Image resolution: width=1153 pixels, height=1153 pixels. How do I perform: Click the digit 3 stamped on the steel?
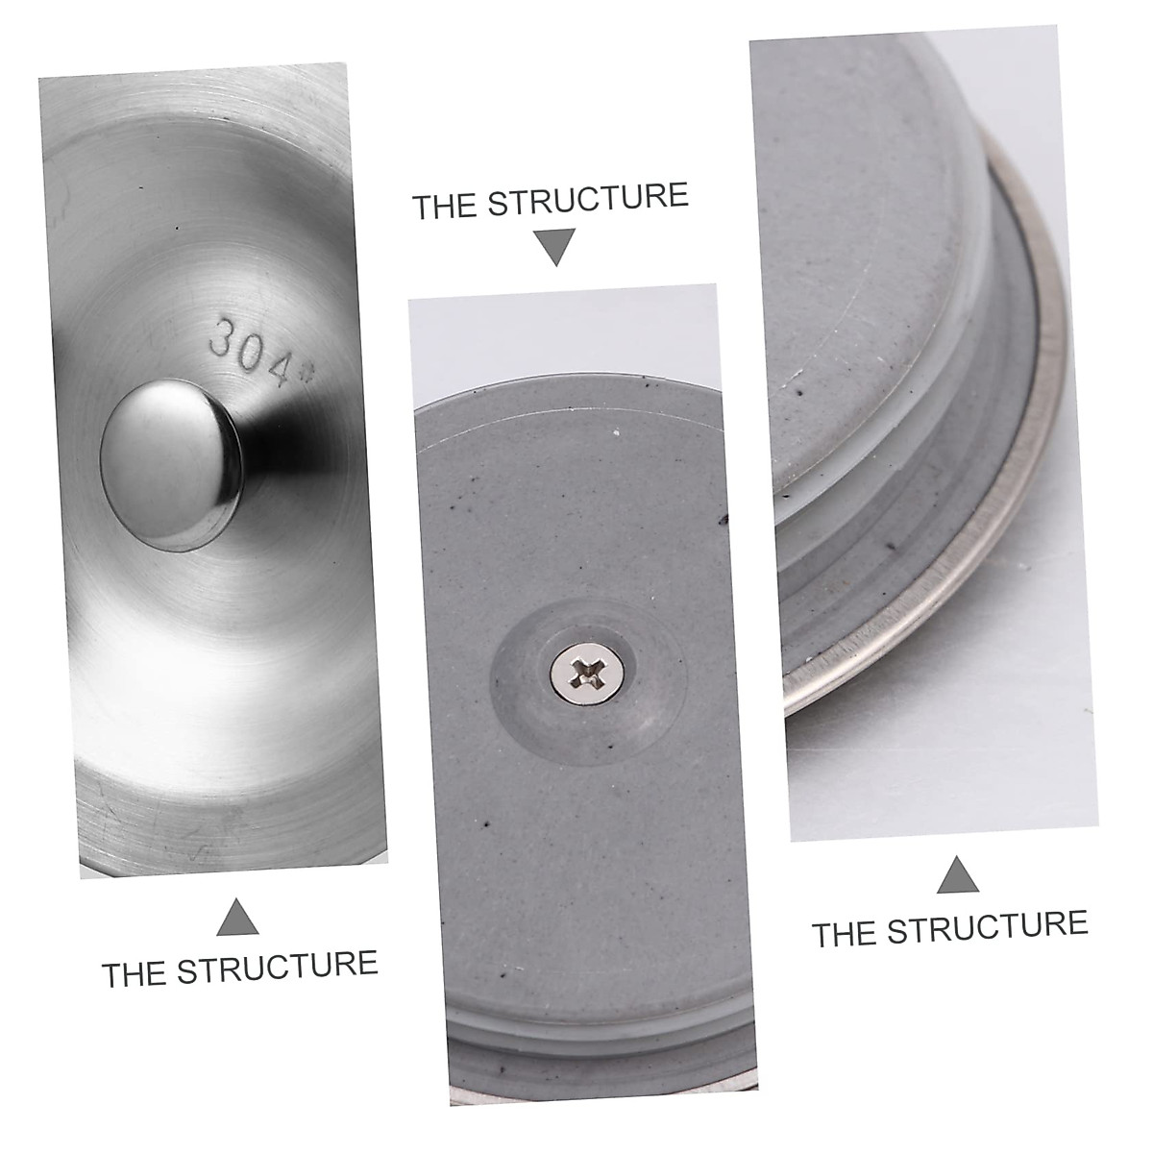pos(222,335)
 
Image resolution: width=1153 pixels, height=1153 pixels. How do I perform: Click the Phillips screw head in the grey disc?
pos(584,672)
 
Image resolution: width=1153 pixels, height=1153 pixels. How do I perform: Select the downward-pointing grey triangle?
pos(556,247)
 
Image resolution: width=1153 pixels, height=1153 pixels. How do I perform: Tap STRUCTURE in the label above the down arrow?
pos(587,198)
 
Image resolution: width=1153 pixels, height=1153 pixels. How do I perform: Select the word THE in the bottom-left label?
pos(135,973)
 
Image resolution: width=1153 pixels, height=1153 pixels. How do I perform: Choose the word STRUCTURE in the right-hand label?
pos(988,926)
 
